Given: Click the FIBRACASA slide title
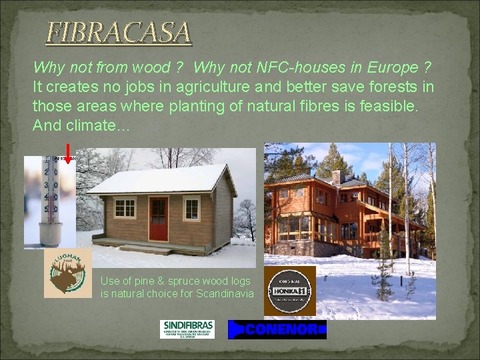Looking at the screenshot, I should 118,32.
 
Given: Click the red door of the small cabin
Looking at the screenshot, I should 158,219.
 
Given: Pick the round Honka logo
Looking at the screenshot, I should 289,291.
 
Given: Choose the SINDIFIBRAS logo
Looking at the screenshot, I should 187,328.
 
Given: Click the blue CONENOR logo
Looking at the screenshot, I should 277,329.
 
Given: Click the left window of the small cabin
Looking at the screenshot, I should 125,207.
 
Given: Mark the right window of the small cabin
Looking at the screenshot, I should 191,207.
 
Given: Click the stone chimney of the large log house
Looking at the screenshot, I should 337,176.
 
